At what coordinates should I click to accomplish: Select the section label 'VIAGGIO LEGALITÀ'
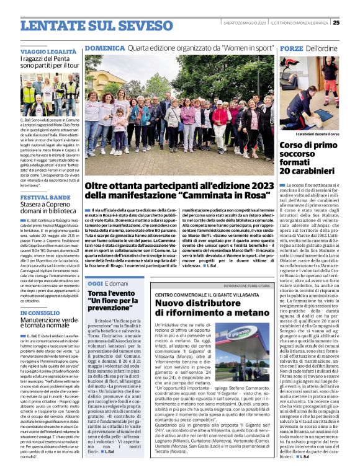48,51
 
